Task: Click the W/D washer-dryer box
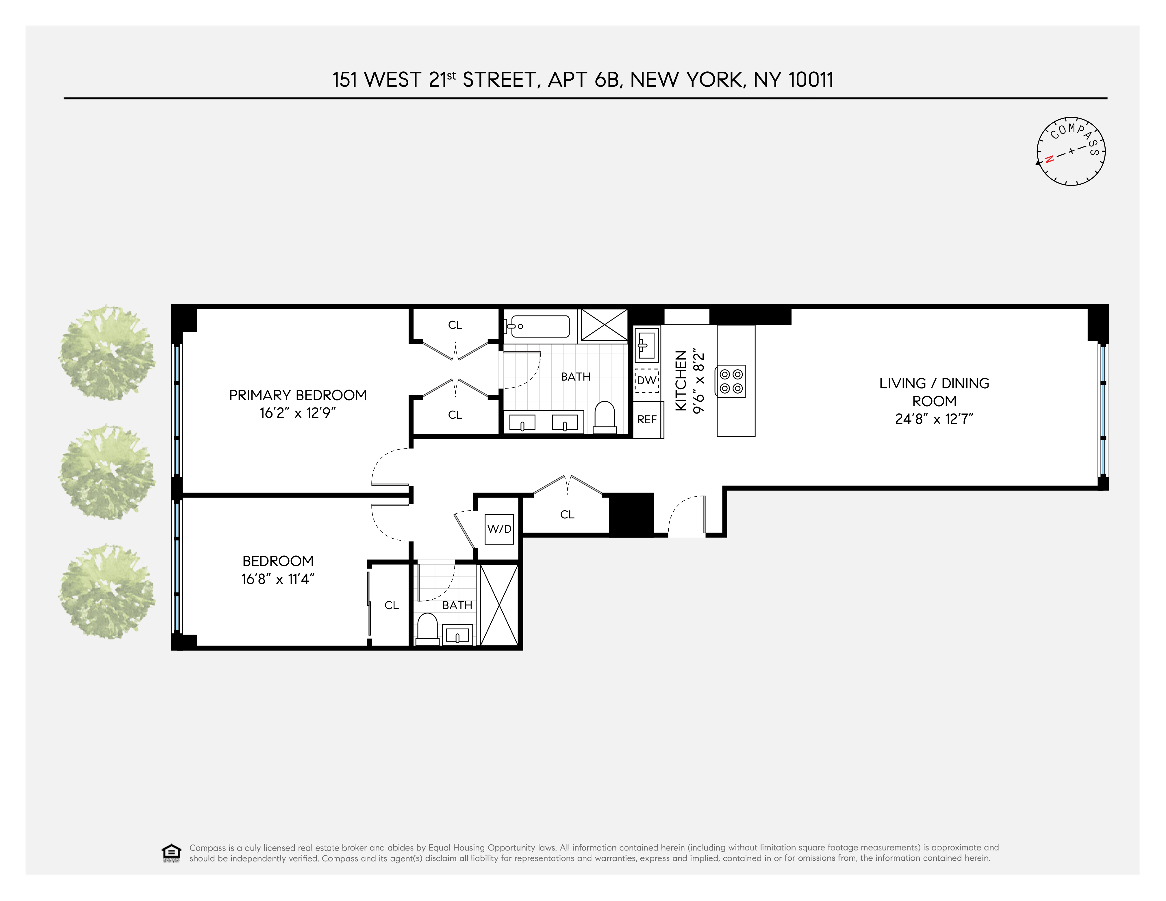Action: (499, 529)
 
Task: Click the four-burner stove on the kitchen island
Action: (731, 381)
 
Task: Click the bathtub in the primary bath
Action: (539, 326)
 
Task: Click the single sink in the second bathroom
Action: (457, 635)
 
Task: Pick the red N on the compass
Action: (1049, 159)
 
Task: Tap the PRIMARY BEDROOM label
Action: (298, 395)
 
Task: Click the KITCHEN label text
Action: (681, 381)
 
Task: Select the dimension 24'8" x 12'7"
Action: (934, 419)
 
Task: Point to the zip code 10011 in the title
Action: (811, 80)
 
